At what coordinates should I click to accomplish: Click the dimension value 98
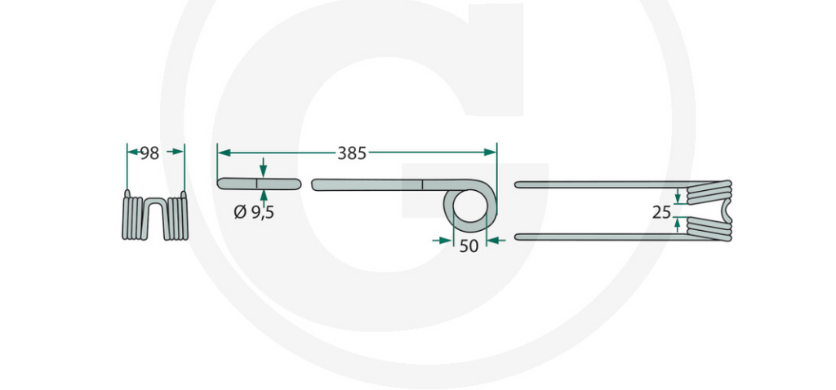pyautogui.click(x=149, y=153)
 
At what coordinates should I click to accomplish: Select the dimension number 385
pyautogui.click(x=352, y=153)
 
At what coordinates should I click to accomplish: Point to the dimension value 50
pyautogui.click(x=469, y=246)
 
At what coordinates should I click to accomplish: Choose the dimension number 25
pyautogui.click(x=663, y=212)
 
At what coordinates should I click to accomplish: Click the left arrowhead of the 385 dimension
pyautogui.click(x=223, y=152)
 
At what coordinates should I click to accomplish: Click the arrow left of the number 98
pyautogui.click(x=132, y=152)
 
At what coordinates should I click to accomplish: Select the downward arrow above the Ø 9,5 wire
pyautogui.click(x=262, y=168)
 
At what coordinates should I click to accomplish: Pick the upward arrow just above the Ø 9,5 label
pyautogui.click(x=262, y=197)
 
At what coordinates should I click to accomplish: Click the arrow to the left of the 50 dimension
pyautogui.click(x=443, y=240)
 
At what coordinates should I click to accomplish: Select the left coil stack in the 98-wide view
pyautogui.click(x=135, y=217)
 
